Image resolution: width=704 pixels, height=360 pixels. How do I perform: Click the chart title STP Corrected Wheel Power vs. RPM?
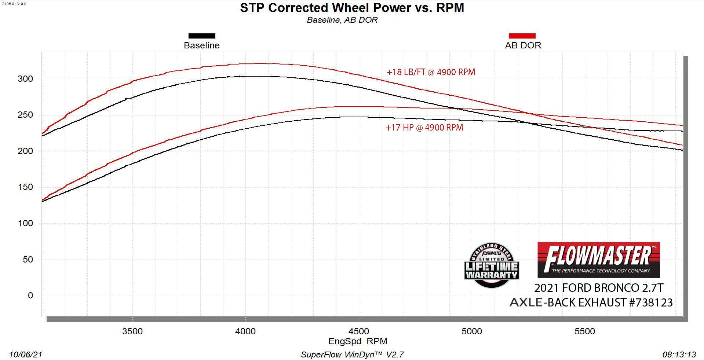point(352,8)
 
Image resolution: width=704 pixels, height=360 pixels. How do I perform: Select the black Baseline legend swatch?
point(201,36)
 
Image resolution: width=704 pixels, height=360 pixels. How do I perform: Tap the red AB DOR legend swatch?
point(522,36)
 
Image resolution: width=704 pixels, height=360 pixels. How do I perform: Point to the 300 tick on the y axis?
point(25,79)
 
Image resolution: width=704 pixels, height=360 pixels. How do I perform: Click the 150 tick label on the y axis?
point(25,187)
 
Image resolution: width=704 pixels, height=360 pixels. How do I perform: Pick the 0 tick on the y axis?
point(30,295)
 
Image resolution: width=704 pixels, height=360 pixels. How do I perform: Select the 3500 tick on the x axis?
point(132,331)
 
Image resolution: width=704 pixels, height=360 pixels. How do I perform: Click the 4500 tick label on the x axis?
point(358,331)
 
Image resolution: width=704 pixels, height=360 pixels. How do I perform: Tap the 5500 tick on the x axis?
point(584,331)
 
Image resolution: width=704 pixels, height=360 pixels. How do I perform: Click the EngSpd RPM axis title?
point(358,341)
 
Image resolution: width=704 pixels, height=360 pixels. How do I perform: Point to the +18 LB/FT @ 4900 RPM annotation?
point(431,72)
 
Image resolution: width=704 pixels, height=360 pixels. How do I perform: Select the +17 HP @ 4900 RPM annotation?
point(424,128)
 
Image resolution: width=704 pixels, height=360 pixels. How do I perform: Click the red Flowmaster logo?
point(598,260)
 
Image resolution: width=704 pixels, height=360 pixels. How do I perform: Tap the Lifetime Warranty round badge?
point(491,265)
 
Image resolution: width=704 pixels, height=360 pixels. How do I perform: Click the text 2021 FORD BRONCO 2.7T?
point(598,288)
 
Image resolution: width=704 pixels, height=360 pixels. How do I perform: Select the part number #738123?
point(651,302)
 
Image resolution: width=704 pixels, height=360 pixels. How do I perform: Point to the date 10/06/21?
point(26,355)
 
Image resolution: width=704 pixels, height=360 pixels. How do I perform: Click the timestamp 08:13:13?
point(679,355)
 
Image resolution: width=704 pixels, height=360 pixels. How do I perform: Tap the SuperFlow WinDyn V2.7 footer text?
point(352,355)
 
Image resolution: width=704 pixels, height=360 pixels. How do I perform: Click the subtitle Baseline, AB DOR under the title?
point(342,20)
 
